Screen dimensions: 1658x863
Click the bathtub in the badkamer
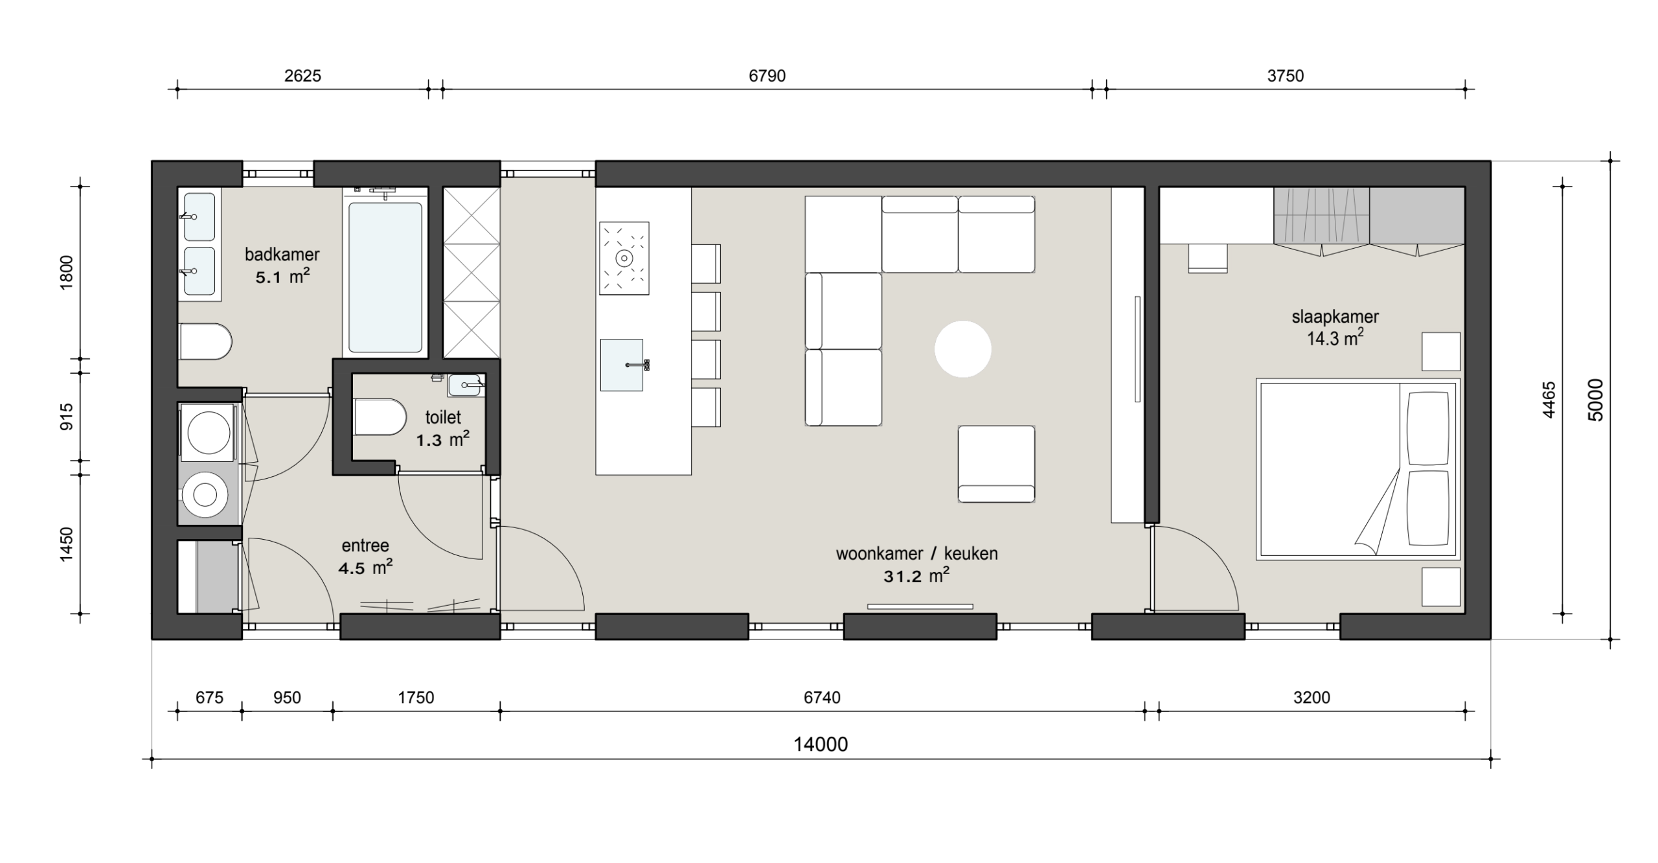point(385,277)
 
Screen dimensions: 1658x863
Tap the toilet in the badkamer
point(205,341)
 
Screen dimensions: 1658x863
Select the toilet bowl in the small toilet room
point(380,417)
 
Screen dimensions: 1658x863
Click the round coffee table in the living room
point(962,349)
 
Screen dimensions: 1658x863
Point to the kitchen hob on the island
point(624,258)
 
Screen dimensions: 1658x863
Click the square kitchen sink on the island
point(622,365)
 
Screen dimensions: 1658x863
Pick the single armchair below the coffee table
point(996,464)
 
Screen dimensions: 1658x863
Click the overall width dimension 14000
point(821,744)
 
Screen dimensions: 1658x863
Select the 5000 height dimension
point(1595,400)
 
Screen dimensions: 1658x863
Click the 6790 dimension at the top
point(767,76)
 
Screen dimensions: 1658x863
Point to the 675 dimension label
point(209,697)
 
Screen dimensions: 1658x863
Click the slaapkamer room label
point(1335,317)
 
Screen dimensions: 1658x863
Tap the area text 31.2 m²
point(916,575)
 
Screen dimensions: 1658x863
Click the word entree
point(365,546)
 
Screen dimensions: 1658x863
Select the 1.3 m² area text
point(442,439)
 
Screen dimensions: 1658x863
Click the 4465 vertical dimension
point(1548,400)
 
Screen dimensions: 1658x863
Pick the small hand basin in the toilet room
point(464,385)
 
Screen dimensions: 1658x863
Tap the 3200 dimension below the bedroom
point(1312,697)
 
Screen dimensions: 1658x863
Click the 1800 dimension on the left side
point(67,272)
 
